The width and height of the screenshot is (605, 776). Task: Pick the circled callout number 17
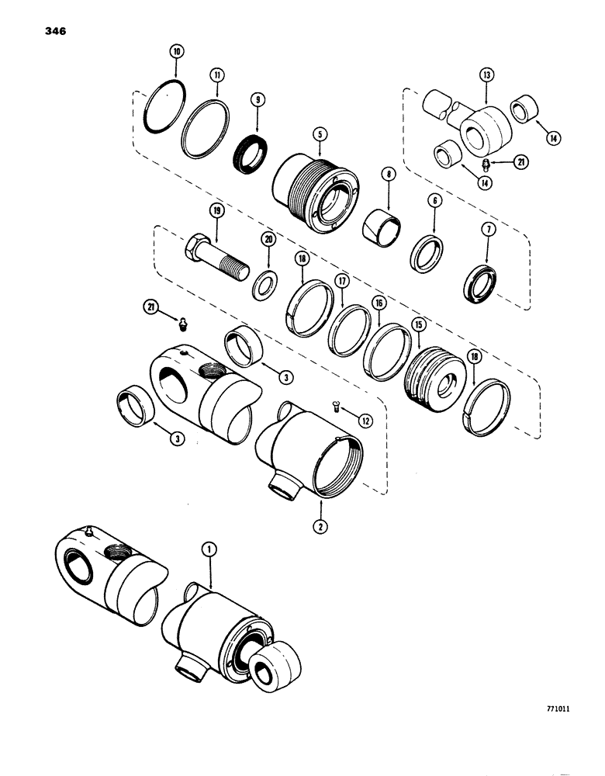[339, 279]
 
